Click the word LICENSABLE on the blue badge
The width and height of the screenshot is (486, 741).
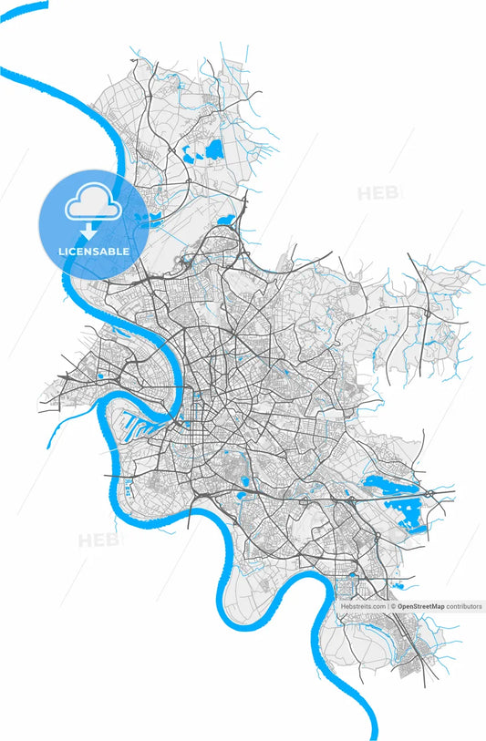[93, 251]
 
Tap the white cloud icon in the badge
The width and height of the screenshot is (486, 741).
[93, 207]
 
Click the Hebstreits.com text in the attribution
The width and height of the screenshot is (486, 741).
[363, 606]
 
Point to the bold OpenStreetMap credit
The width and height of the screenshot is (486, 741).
[420, 606]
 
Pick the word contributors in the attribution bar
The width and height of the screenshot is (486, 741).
[463, 606]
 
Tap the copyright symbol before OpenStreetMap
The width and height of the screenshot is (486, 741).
[393, 606]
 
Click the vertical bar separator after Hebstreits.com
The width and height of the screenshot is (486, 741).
[388, 606]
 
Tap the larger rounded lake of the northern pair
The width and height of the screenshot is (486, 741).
[215, 149]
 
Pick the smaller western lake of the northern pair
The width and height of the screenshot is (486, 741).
[191, 155]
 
